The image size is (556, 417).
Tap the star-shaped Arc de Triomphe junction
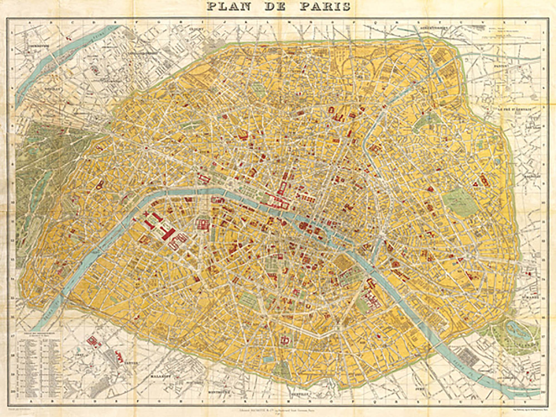coord(145,148)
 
